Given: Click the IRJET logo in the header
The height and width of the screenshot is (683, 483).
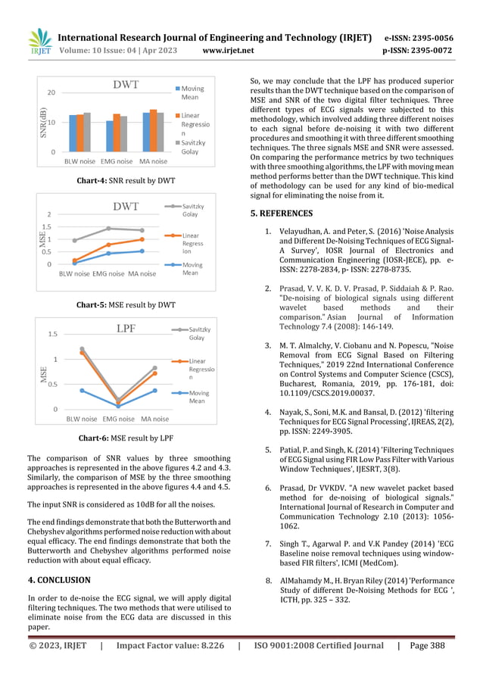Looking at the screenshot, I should coord(39,44).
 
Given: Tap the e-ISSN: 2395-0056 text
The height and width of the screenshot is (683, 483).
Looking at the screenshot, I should coord(419,37).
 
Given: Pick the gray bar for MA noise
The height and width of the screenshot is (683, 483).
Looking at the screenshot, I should coord(161,132).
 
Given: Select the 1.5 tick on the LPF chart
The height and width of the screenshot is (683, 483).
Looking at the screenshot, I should coord(53,334).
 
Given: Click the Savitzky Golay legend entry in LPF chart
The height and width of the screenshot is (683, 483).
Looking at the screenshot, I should coord(200,334).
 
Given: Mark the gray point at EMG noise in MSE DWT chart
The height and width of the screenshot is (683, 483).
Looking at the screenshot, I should coord(108,228).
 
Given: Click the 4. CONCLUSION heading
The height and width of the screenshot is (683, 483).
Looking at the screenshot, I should coord(58,580).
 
